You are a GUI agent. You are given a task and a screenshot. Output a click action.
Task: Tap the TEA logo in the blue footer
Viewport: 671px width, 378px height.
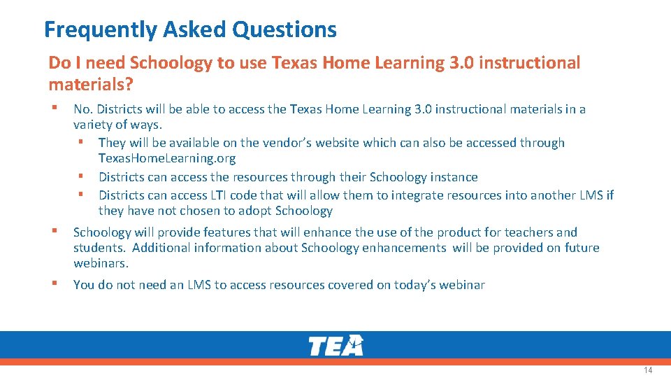[335, 346]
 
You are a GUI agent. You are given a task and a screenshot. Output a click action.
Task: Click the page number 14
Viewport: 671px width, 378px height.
[648, 370]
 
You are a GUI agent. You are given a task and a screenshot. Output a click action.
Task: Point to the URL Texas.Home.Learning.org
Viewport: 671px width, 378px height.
[167, 158]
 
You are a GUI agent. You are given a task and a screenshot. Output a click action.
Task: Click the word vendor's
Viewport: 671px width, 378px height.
[287, 143]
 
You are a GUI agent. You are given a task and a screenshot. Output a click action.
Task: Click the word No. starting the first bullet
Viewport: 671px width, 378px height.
[83, 109]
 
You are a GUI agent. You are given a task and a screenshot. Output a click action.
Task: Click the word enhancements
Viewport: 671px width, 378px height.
[404, 248]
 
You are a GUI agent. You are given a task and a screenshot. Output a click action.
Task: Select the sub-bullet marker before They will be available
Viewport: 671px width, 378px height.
[81, 142]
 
